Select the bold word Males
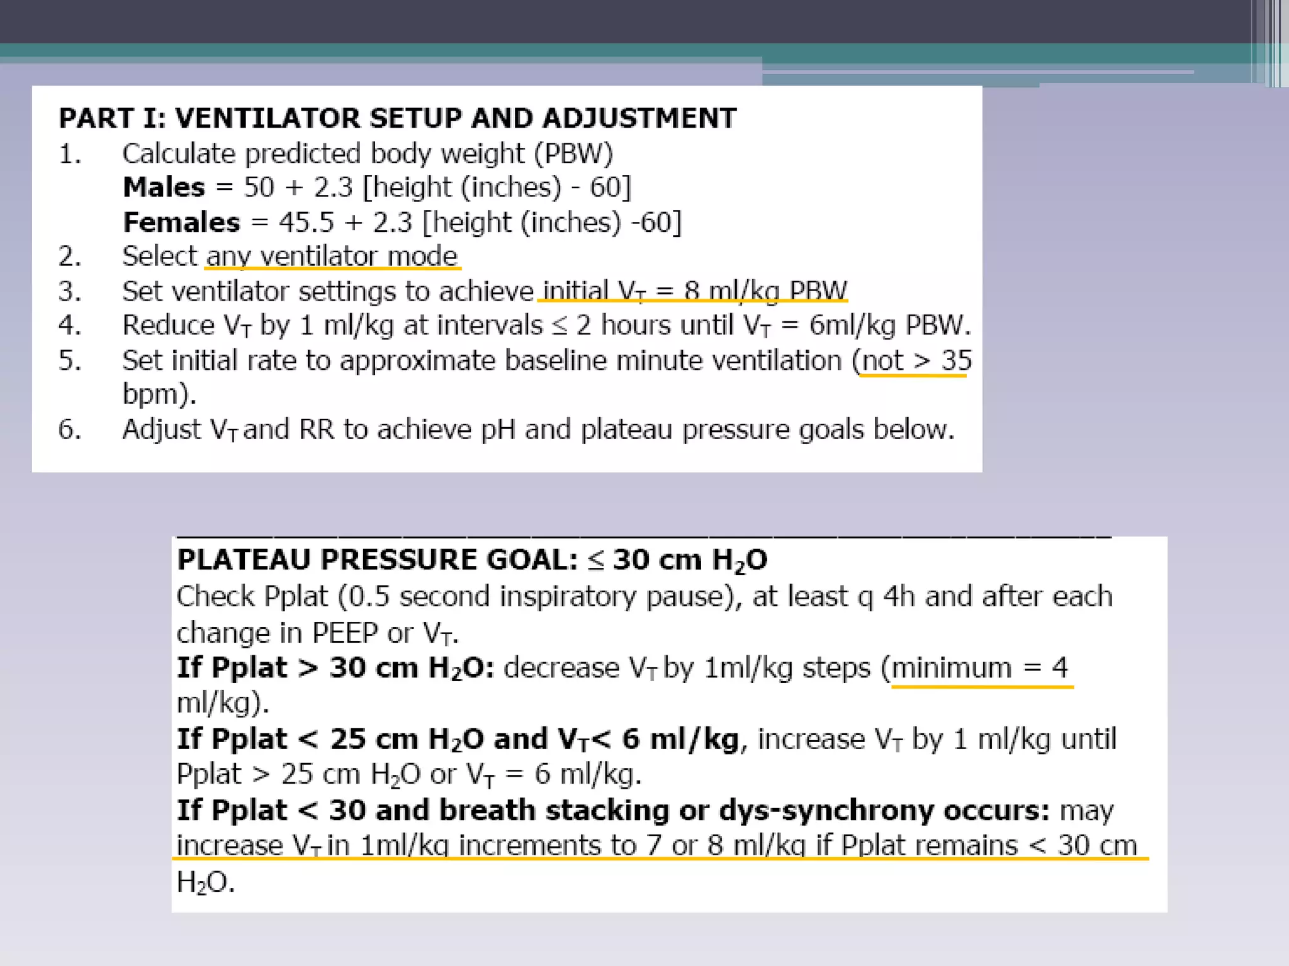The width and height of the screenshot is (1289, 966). click(x=164, y=187)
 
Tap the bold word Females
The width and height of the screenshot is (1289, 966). click(x=181, y=223)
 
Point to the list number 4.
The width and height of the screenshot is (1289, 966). click(x=70, y=326)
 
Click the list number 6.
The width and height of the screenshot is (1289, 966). click(x=70, y=430)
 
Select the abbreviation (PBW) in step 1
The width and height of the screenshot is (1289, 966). click(x=573, y=153)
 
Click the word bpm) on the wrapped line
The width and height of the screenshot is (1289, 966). click(x=159, y=394)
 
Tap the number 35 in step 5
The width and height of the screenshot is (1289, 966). click(x=956, y=360)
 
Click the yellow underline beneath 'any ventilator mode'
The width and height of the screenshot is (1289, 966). click(x=333, y=269)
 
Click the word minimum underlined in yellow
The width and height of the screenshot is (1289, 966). click(x=951, y=668)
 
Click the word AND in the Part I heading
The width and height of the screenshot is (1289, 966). click(x=501, y=118)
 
